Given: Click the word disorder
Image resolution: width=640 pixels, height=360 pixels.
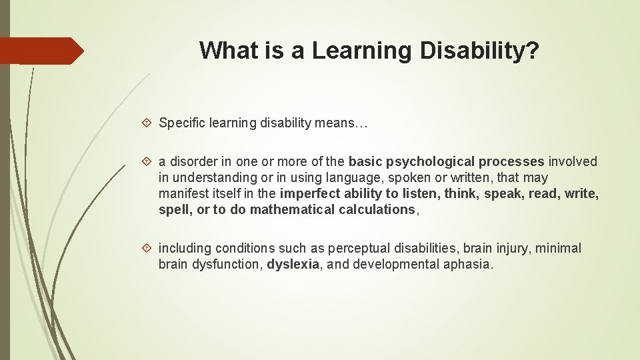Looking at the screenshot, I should point(193,162).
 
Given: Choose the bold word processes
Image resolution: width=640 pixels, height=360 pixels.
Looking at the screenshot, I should point(512,162).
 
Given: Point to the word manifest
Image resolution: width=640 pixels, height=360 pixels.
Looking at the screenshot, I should point(182,194).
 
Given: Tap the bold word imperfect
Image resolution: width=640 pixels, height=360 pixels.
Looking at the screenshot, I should point(309,194).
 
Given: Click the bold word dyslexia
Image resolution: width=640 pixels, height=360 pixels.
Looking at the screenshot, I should point(293,265).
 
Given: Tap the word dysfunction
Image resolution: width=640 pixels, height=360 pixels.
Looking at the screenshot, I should point(225,265).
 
